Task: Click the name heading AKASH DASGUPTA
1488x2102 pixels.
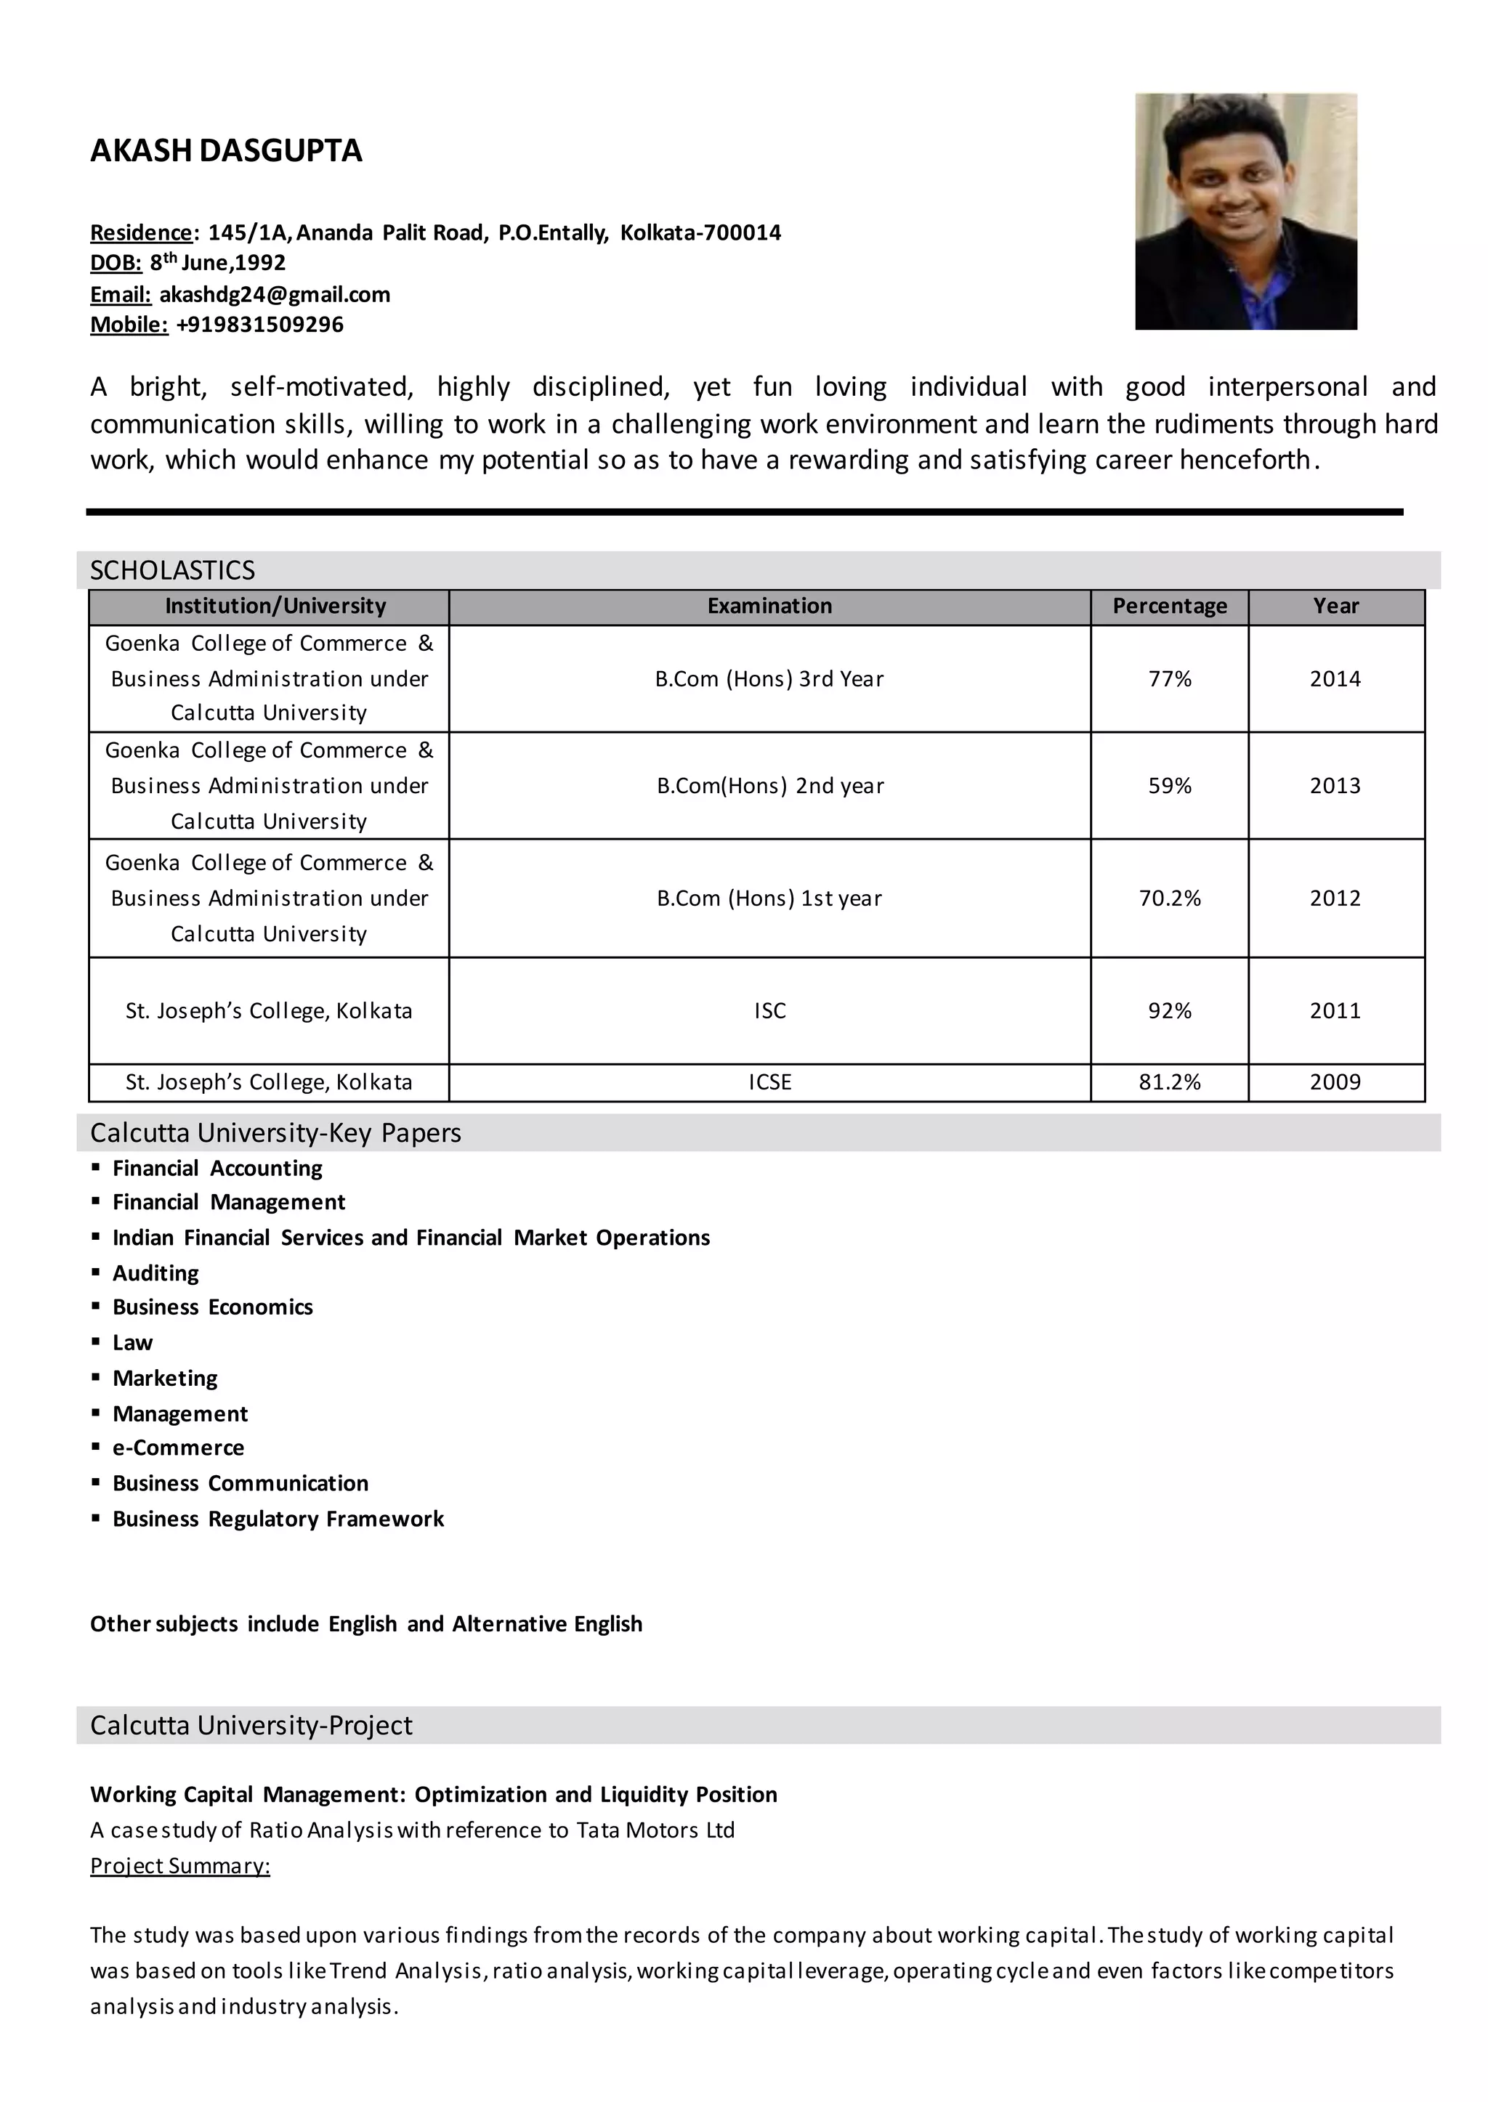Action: [x=225, y=150]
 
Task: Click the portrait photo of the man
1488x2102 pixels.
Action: [x=1245, y=211]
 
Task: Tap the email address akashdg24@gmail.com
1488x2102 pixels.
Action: [x=275, y=294]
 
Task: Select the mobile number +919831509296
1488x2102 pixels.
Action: [x=259, y=324]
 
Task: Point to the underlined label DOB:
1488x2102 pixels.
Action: [x=116, y=263]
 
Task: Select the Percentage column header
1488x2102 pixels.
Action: [x=1169, y=606]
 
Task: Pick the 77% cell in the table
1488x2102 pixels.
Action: [x=1169, y=678]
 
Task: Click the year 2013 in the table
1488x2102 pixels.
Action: [x=1335, y=785]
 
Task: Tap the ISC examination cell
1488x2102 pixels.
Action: [x=769, y=1010]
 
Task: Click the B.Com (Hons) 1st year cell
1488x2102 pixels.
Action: [x=769, y=898]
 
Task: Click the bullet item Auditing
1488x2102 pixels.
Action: [x=155, y=1273]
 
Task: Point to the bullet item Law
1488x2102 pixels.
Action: [x=133, y=1343]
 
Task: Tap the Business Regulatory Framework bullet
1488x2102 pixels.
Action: [x=278, y=1519]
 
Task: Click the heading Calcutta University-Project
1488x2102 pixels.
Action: [x=251, y=1726]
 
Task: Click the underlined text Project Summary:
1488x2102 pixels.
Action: [x=179, y=1866]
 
